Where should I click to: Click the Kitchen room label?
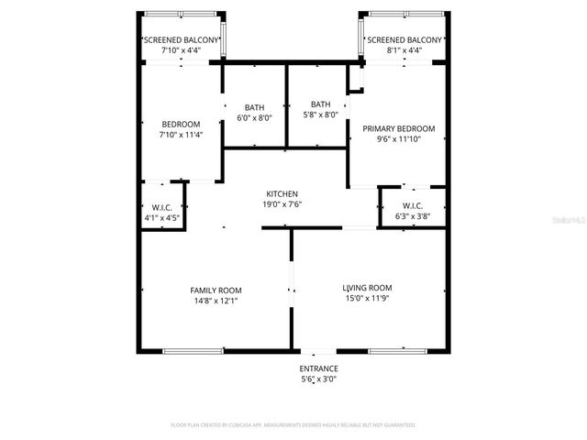point(282,193)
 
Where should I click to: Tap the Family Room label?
point(216,290)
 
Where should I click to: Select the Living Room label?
point(367,287)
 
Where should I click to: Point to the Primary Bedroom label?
point(398,128)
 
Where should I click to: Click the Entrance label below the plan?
point(319,368)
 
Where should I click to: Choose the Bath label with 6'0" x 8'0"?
point(254,106)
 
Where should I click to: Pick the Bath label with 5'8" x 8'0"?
point(320,104)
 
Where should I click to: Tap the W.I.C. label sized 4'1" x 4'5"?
point(162,207)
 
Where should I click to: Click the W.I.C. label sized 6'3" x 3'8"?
point(412,206)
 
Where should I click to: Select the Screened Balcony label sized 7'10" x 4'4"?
point(180,40)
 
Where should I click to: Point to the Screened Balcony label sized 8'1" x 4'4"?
point(404,40)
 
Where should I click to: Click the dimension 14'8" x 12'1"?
point(216,300)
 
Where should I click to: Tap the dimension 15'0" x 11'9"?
point(367,298)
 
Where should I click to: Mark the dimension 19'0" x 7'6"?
point(282,204)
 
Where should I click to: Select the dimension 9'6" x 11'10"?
point(398,139)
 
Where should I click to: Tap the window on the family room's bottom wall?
point(193,350)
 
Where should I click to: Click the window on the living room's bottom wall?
point(397,350)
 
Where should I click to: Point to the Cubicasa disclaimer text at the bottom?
point(293,425)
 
